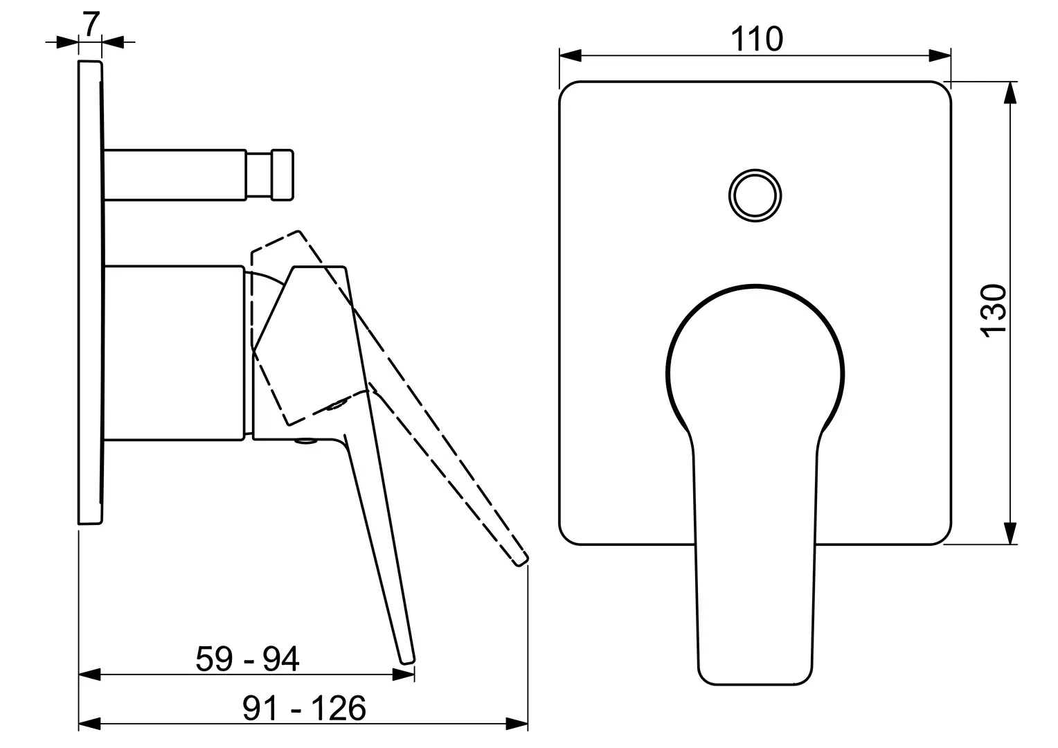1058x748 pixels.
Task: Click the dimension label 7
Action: pos(91,24)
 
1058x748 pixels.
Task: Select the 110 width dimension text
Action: pos(757,39)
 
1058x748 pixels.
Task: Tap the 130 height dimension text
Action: pos(994,311)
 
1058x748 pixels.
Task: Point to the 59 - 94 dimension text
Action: pos(247,659)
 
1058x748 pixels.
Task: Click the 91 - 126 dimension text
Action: pos(304,708)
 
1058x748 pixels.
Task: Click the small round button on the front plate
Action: pos(755,195)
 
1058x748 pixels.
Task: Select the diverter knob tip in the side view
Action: pos(283,175)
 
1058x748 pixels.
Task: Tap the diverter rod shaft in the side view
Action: pos(174,175)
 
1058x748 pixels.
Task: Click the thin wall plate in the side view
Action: pos(90,292)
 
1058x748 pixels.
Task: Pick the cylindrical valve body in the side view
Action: pos(174,353)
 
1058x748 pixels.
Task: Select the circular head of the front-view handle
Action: pos(755,286)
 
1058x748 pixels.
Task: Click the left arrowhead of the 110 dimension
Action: pos(570,55)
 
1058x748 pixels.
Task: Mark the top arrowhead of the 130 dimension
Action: pos(1010,93)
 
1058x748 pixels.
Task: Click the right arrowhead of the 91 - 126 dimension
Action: pos(517,737)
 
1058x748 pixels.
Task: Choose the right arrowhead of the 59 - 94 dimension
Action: pos(404,675)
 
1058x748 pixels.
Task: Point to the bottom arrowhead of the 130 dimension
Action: pos(1010,533)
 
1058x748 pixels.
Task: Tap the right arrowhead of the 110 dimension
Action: pos(940,55)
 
